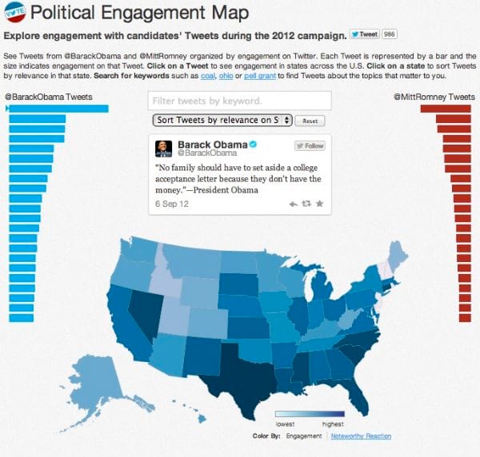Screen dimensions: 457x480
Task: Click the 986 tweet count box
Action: click(390, 34)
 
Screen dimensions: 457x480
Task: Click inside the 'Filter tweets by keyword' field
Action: click(240, 101)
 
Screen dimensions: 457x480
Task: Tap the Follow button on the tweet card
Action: click(310, 146)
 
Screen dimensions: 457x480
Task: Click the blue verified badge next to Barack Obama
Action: click(252, 144)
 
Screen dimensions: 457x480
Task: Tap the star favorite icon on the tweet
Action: click(320, 205)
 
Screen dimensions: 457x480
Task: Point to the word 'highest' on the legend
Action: click(332, 423)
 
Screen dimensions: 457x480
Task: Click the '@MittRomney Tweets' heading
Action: click(434, 97)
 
